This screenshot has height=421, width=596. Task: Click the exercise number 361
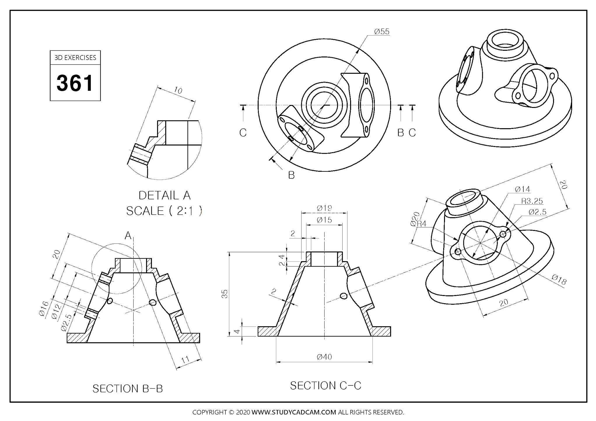point(75,83)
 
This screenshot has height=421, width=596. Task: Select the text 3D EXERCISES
point(75,58)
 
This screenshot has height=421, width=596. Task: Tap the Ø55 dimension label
point(382,31)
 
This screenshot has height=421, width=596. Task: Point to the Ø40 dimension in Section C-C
point(324,357)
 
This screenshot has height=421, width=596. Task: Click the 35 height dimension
point(225,294)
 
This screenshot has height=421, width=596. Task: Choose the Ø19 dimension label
point(324,208)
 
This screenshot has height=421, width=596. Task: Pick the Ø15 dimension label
point(324,220)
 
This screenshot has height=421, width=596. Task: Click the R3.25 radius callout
point(532,201)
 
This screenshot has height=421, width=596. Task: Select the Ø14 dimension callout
point(523,189)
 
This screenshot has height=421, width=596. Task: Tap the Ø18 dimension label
point(559,280)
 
